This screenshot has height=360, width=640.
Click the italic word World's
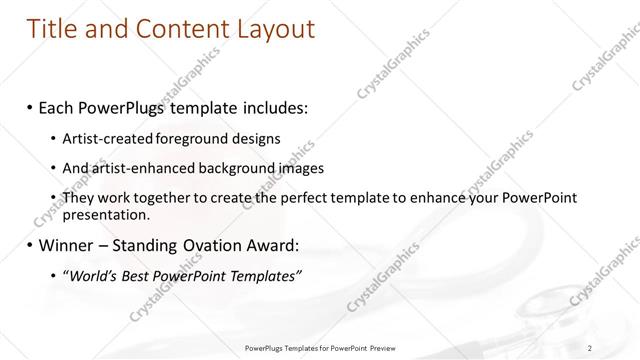tap(92, 276)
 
